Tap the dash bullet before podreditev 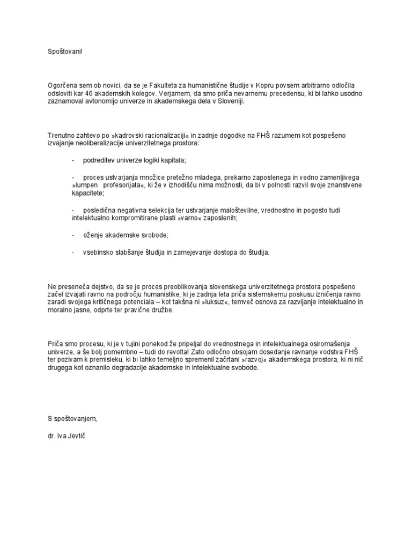[72, 160]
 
